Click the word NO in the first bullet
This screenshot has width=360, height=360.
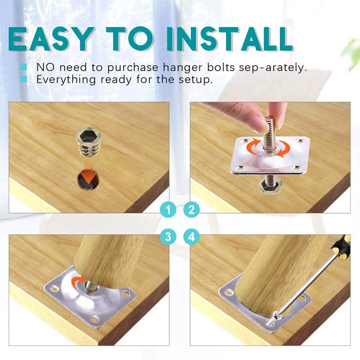(44, 67)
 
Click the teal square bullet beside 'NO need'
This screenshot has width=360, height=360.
(23, 67)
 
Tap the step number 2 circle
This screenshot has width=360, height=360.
(192, 209)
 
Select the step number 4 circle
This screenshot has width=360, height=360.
(192, 236)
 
